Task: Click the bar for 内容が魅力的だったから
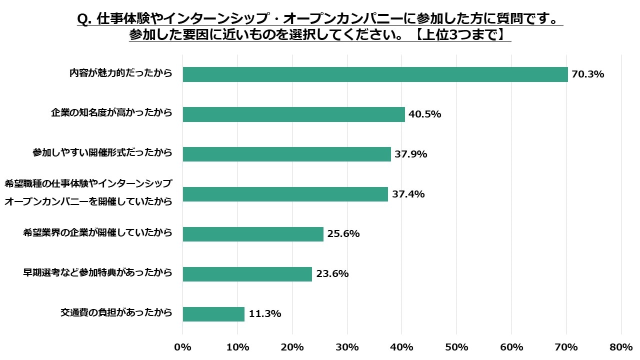[375, 74]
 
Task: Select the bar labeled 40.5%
[293, 114]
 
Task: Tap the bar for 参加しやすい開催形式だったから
[286, 154]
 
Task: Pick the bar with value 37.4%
[285, 194]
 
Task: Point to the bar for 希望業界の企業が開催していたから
[253, 234]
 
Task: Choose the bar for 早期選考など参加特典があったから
[247, 274]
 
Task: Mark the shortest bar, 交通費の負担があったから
[213, 314]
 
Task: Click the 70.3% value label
[588, 74]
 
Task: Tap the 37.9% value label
[410, 154]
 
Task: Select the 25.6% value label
[343, 234]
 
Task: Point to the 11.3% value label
[264, 314]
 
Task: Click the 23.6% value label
[332, 274]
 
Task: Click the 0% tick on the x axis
[182, 347]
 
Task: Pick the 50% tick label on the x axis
[456, 347]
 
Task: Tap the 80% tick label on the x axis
[621, 347]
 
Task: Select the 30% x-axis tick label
[347, 347]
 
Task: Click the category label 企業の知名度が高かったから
[111, 112]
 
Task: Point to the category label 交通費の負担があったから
[116, 312]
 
